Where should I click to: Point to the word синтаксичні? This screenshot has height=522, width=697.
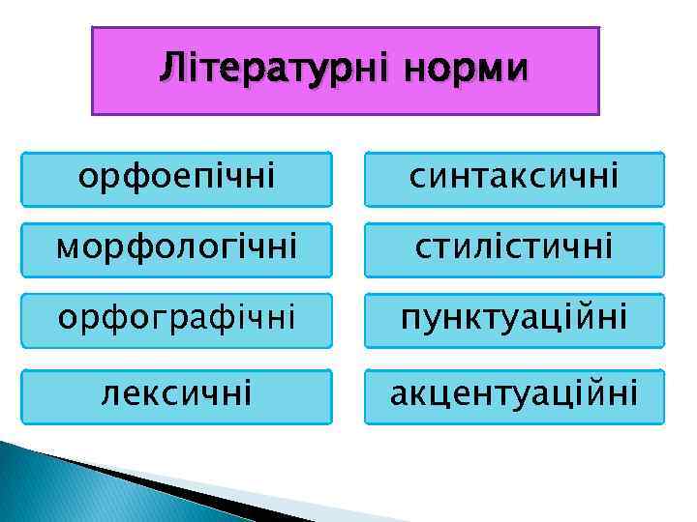click(x=514, y=177)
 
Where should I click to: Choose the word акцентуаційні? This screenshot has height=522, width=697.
click(x=514, y=394)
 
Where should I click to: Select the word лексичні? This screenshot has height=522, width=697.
click(x=176, y=394)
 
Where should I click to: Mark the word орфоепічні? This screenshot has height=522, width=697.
click(x=176, y=177)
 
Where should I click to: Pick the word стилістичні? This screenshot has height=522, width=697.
click(x=514, y=248)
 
